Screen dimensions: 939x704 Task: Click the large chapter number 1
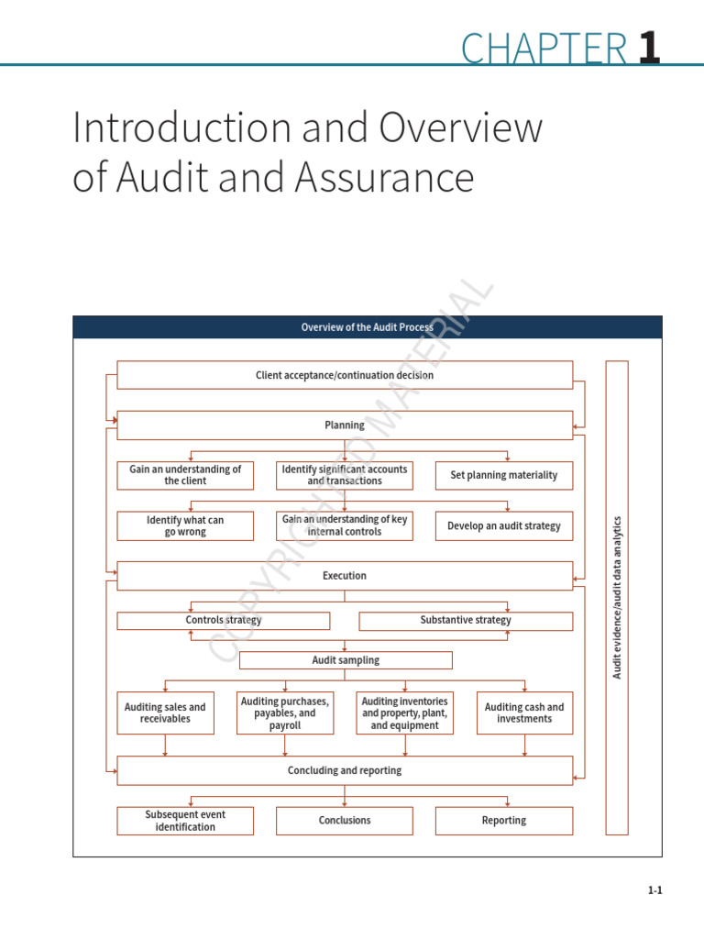(x=649, y=48)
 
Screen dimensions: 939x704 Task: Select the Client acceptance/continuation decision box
(x=345, y=375)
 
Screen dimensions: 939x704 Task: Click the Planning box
(x=345, y=425)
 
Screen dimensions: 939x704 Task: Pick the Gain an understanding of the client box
(x=185, y=475)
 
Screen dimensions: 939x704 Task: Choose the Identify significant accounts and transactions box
(x=345, y=475)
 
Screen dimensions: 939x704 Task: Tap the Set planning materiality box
(x=503, y=475)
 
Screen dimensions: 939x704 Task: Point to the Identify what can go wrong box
(x=185, y=525)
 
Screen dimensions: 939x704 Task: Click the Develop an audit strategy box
(x=503, y=526)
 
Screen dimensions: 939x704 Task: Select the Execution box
(x=345, y=576)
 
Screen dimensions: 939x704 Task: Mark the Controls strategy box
(x=223, y=621)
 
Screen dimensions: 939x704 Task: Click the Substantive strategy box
(x=466, y=621)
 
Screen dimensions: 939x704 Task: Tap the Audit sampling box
(x=346, y=660)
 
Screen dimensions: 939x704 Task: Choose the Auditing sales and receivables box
(x=165, y=713)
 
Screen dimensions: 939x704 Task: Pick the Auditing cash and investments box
(x=524, y=713)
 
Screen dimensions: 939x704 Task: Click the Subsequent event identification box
(x=185, y=821)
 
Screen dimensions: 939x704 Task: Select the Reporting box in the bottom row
(x=503, y=821)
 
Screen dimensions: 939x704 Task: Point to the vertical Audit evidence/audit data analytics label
(x=617, y=597)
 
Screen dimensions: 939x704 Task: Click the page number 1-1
(x=654, y=890)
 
